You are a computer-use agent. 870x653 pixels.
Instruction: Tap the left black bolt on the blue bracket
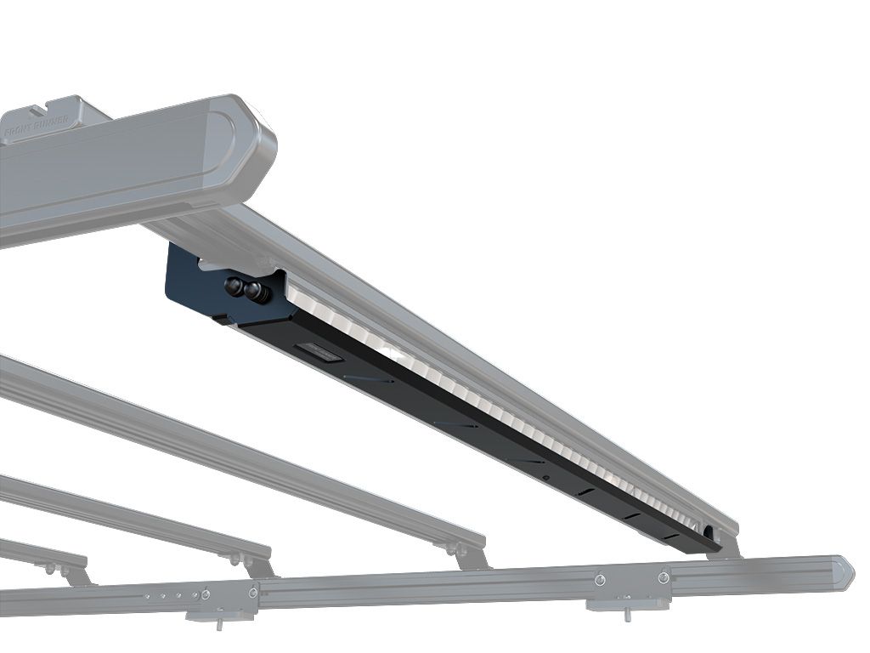(233, 287)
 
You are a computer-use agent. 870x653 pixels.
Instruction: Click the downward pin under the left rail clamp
(218, 624)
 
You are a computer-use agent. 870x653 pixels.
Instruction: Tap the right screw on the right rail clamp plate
(664, 577)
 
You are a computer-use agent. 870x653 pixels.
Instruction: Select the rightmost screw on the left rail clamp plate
(253, 591)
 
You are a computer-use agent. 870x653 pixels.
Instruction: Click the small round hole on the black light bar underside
(545, 479)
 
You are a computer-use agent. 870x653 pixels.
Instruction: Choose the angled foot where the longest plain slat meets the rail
(469, 558)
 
